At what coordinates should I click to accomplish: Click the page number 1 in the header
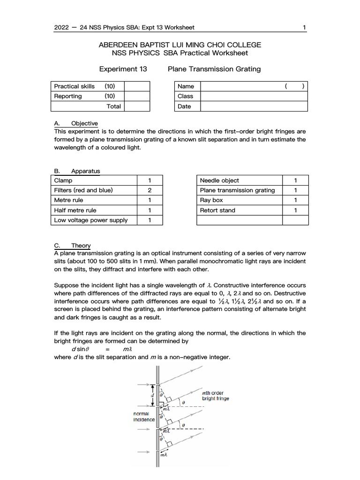[305, 27]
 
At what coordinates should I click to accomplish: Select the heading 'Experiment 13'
[123, 69]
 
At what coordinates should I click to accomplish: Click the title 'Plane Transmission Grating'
[214, 69]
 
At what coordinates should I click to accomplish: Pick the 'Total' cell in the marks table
[113, 106]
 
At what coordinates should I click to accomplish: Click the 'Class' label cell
[185, 96]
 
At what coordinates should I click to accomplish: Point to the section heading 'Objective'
[84, 123]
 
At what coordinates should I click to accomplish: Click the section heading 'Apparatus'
[85, 171]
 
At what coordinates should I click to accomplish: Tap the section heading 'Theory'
[81, 245]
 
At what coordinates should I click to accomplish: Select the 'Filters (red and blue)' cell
[83, 190]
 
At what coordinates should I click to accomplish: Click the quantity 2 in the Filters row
[149, 190]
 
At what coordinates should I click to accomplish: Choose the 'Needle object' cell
[219, 180]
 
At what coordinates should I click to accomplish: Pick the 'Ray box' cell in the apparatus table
[211, 200]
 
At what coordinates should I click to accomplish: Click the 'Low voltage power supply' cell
[90, 220]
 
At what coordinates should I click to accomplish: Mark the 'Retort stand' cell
[217, 210]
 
